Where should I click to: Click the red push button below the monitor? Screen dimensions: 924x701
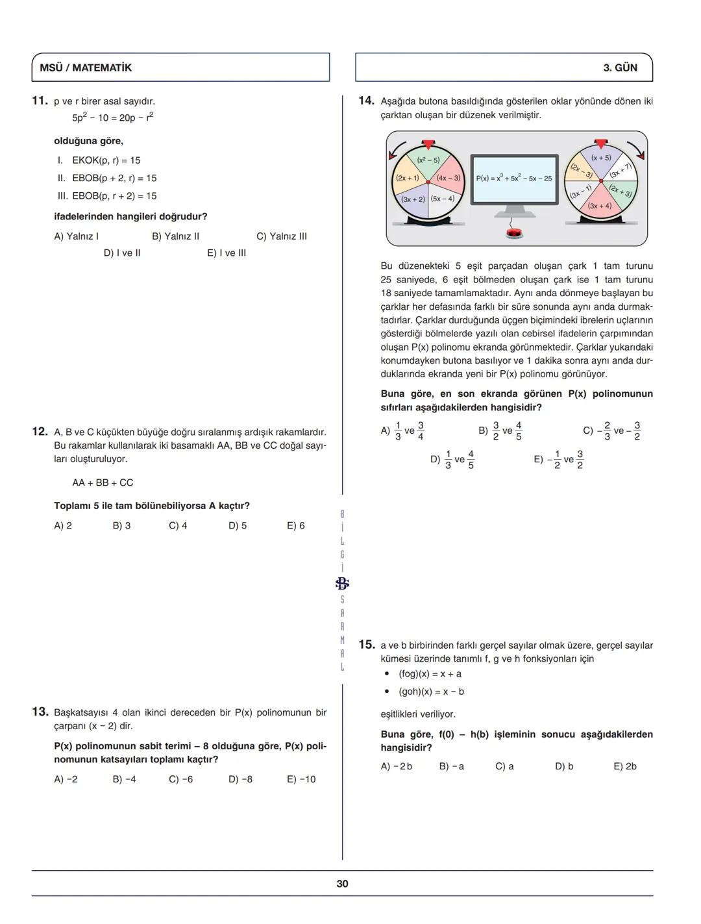[x=514, y=233]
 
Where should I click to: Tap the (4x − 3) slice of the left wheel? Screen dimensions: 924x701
[x=448, y=178]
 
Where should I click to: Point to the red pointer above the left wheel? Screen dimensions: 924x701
[x=428, y=144]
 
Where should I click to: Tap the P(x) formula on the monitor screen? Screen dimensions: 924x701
[x=513, y=179]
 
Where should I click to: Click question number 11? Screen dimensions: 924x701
[x=40, y=101]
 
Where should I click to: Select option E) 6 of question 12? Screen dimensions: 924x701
[x=295, y=525]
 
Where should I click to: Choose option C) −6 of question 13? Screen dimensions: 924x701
[x=180, y=779]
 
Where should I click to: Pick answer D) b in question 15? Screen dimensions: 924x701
[x=563, y=766]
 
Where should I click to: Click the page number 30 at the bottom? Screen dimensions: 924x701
[x=342, y=884]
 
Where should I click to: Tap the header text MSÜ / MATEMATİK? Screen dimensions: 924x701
[x=86, y=68]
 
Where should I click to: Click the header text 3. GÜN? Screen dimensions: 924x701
[x=620, y=68]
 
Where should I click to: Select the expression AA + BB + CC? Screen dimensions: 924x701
[x=103, y=482]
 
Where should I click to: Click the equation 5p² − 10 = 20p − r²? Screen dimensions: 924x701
[x=113, y=118]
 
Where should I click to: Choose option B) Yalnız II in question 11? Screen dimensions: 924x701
[x=175, y=236]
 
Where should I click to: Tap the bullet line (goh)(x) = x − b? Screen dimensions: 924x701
[x=431, y=692]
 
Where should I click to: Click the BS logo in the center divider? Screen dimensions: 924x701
[x=342, y=583]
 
